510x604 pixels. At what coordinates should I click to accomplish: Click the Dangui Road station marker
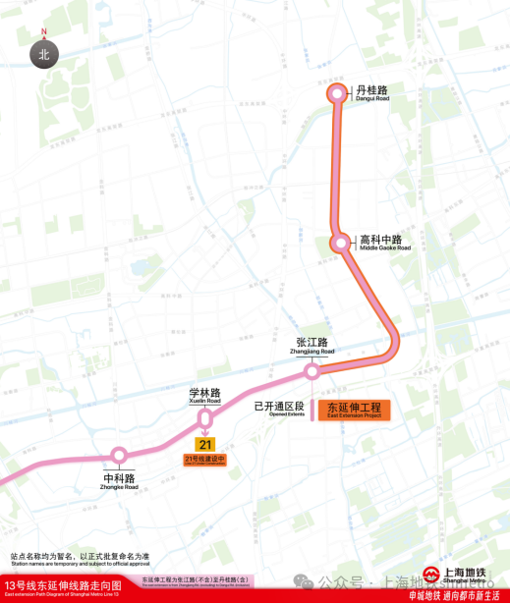337,93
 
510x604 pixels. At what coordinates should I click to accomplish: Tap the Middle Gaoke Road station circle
341,242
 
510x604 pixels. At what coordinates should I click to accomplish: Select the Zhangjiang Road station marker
312,372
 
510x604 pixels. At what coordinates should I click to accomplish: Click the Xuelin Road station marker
205,416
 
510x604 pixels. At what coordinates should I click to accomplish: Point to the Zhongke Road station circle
120,455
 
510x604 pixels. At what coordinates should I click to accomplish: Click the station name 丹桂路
372,89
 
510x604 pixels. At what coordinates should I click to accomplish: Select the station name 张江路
312,343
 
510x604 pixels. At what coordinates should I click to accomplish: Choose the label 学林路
205,393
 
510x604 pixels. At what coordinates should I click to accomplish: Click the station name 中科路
119,478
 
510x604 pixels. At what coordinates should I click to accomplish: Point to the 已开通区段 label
279,405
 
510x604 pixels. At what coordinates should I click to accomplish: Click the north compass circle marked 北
44,55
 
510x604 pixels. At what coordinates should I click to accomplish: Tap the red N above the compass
44,30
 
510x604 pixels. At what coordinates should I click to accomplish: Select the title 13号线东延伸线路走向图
62,584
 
